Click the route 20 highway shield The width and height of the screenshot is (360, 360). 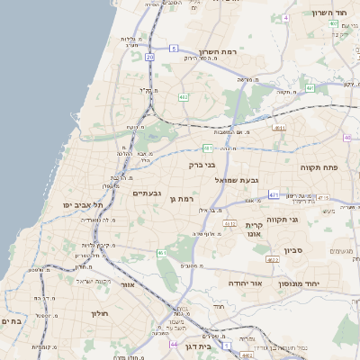(x=149, y=57)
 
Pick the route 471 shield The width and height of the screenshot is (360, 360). (x=273, y=193)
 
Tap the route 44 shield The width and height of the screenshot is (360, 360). (x=173, y=344)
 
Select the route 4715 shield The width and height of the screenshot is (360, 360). (x=323, y=198)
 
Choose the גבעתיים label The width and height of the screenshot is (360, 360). (x=147, y=193)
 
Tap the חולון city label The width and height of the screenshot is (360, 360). (x=99, y=313)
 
